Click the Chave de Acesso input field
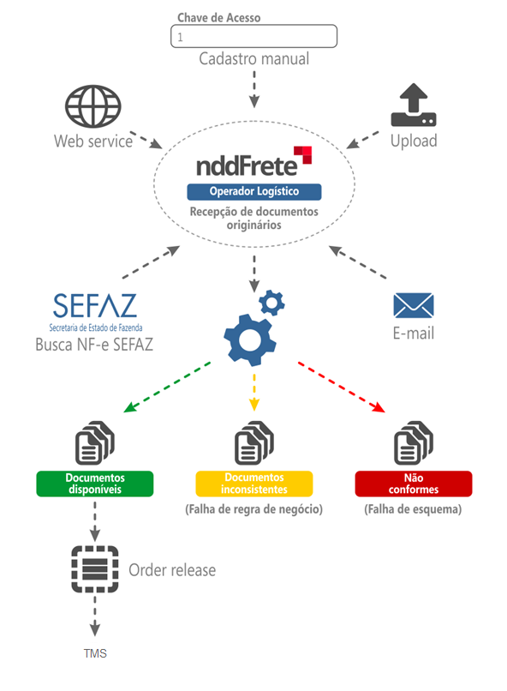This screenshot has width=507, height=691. coord(254,36)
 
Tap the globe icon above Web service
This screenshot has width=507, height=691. coord(92,106)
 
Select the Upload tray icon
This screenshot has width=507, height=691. coord(414,105)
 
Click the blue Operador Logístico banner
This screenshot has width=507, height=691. coord(254,191)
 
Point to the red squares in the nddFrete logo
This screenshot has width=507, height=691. coord(303,155)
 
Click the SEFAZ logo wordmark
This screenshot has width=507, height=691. coord(94,306)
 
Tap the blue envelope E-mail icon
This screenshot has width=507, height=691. coord(414,305)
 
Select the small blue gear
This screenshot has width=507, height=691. coord(271,303)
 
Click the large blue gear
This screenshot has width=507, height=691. coord(250,339)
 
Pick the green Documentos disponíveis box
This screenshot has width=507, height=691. coord(95,484)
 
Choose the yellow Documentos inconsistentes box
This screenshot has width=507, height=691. coord(254,484)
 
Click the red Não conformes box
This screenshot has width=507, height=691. coord(414,484)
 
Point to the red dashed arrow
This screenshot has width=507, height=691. coord(342,388)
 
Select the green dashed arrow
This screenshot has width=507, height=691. coord(167,388)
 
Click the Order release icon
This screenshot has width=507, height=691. coord(95,569)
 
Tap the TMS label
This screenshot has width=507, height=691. coord(95,653)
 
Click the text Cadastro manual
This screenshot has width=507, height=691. coord(254,58)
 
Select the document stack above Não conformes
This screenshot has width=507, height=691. coord(414,443)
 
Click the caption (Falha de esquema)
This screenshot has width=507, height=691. coord(413,509)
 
